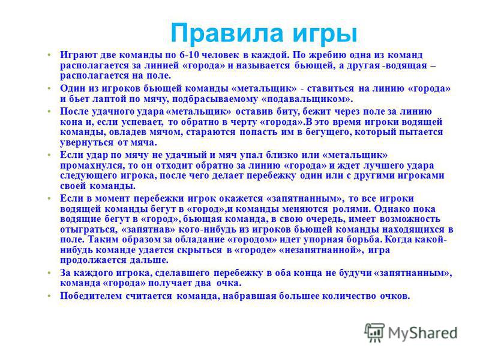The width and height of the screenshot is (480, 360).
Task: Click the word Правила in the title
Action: [x=227, y=33]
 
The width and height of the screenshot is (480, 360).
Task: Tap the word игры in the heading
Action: [x=325, y=34]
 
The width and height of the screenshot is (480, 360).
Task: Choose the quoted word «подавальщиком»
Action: [x=307, y=99]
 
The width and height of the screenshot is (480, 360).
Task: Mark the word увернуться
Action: [x=86, y=143]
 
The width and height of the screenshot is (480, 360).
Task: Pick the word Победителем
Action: [x=91, y=296]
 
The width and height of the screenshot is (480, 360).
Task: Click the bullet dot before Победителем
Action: [x=49, y=296]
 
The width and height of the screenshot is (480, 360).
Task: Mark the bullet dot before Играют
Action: [x=49, y=55]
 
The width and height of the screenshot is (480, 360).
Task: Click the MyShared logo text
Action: [x=422, y=333]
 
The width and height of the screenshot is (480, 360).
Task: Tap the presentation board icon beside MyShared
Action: [x=374, y=332]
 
